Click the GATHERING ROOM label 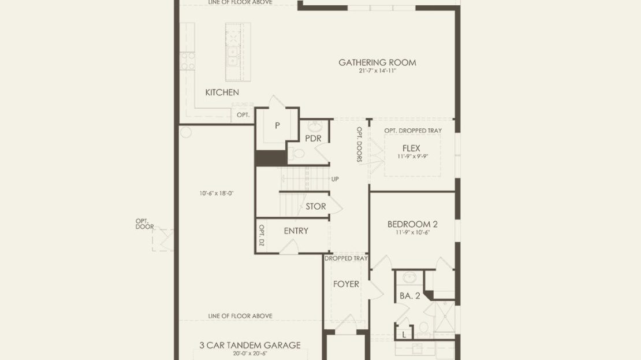[x=377, y=62]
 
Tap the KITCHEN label [x=222, y=92]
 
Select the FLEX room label [x=411, y=148]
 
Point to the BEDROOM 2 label [x=412, y=224]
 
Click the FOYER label [x=346, y=284]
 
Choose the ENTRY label [x=296, y=231]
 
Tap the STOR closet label [x=316, y=207]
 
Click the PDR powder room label [x=313, y=138]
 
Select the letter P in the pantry [x=277, y=125]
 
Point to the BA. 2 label [x=410, y=296]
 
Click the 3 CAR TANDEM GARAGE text [x=250, y=346]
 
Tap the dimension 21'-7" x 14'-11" [x=377, y=70]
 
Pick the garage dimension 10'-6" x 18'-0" [x=216, y=194]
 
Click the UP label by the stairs [x=335, y=179]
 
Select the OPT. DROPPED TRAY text [x=413, y=131]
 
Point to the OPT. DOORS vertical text [x=359, y=144]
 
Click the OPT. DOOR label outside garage [x=145, y=224]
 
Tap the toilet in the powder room [x=299, y=154]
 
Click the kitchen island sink [x=233, y=57]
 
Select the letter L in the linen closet [x=404, y=335]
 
